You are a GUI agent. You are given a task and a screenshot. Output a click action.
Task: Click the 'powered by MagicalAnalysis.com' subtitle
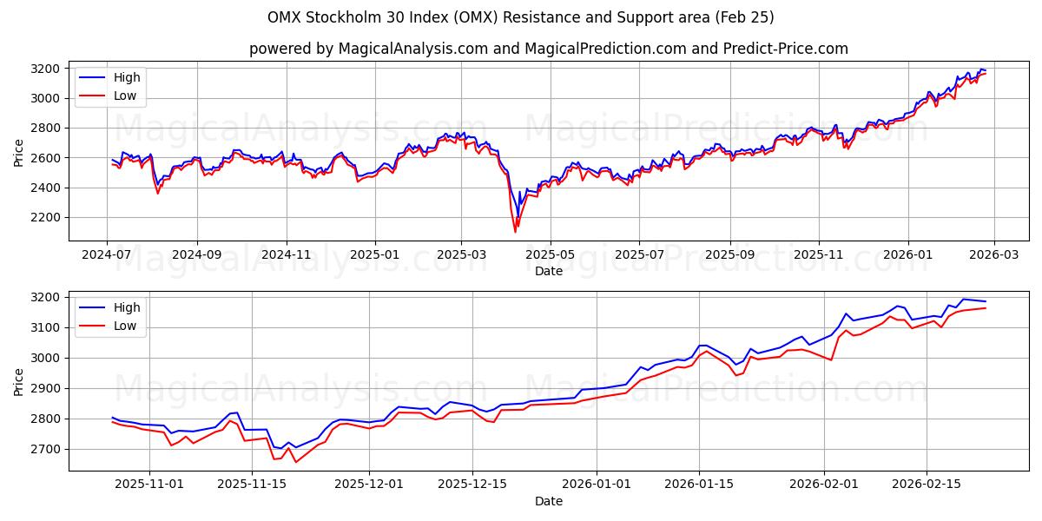click(x=548, y=49)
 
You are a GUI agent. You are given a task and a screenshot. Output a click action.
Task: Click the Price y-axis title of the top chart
click(x=19, y=153)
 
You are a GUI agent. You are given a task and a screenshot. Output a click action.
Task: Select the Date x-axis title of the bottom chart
click(x=548, y=501)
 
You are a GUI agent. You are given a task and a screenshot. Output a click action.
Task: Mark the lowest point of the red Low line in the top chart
click(x=515, y=232)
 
